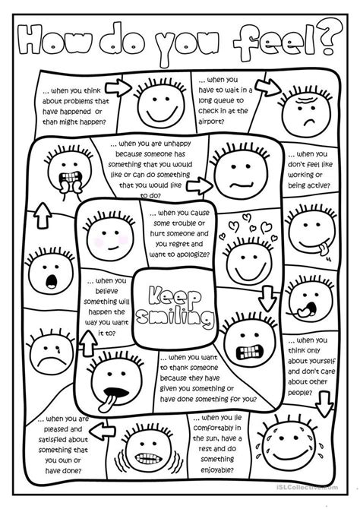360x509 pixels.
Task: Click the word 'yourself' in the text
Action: (323, 363)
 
